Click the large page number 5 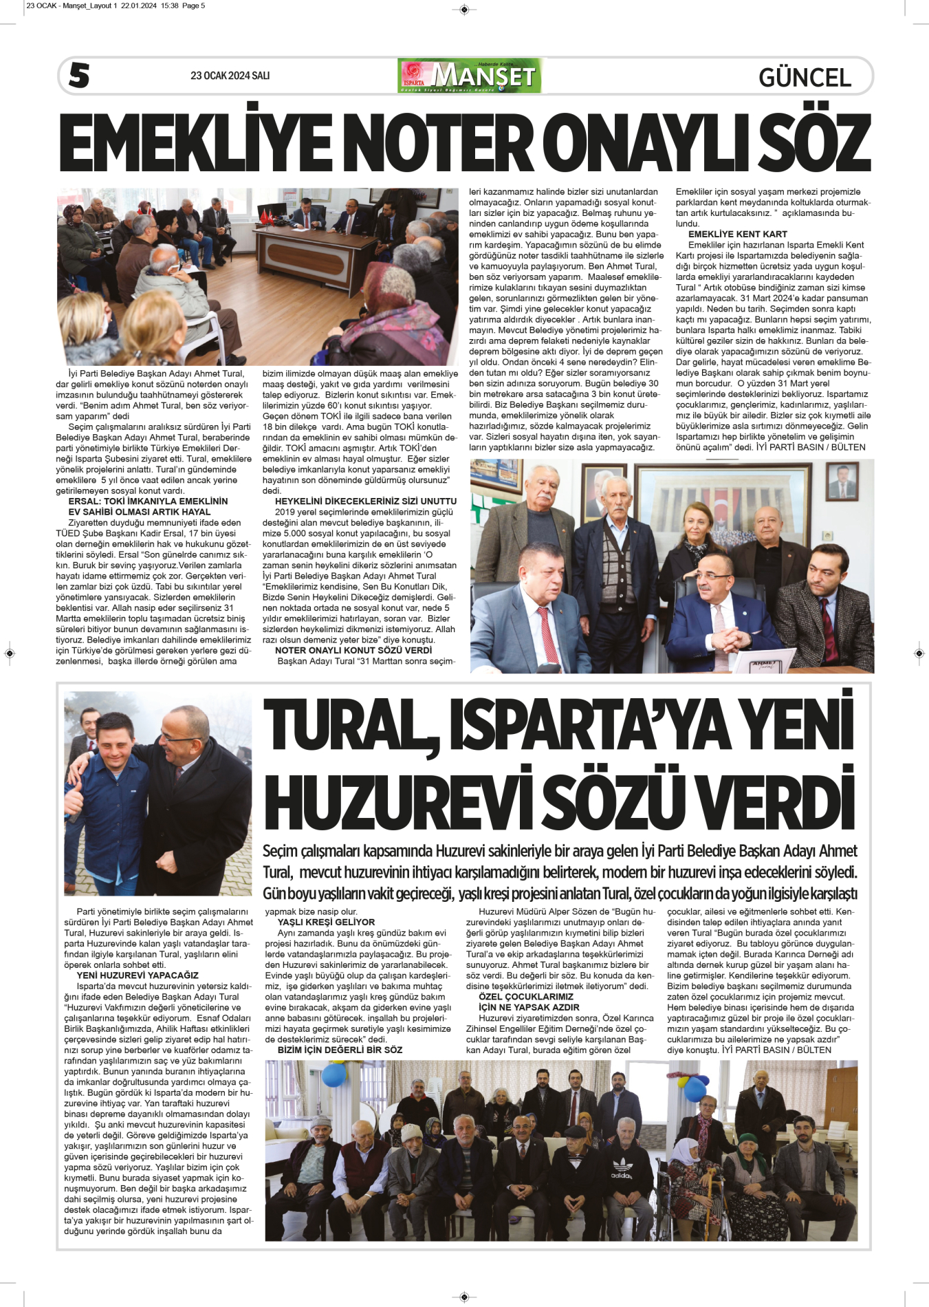[79, 76]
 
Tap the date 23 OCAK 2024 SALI [230, 76]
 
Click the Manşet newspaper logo [470, 76]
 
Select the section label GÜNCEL [805, 78]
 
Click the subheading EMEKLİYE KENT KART [737, 234]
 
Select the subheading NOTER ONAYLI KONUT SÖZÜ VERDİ [353, 650]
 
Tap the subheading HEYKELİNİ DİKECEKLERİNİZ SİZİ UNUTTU [365, 501]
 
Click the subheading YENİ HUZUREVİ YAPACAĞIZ [138, 975]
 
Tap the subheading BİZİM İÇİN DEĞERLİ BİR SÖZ [340, 1050]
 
